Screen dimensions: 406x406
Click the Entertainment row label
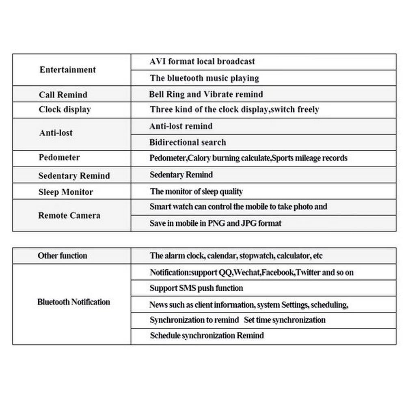[67, 70]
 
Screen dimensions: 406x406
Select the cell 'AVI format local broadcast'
[202, 62]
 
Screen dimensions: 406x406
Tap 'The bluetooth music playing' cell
[204, 78]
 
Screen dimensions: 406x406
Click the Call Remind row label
[63, 95]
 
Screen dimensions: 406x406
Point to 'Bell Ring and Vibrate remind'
[206, 94]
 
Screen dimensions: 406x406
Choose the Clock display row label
[65, 110]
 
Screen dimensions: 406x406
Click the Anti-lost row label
[56, 133]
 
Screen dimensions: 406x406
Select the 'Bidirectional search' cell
[188, 143]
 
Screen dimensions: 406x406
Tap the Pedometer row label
[59, 158]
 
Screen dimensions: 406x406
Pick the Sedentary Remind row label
[74, 176]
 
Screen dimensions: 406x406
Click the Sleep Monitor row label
[66, 192]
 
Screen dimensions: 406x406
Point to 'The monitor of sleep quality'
[196, 191]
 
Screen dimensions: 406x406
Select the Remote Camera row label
[69, 216]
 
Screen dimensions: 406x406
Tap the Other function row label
[62, 256]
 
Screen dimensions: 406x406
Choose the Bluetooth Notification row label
[73, 302]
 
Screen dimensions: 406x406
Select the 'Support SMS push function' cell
[196, 288]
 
